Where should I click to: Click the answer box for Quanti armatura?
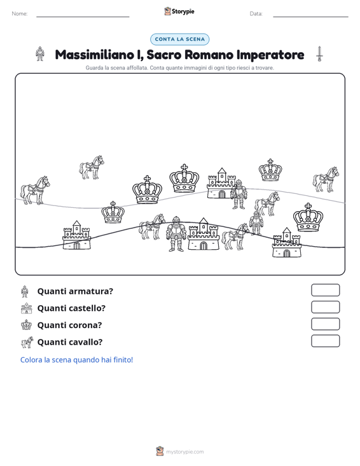(325, 290)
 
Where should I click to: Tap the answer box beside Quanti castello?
(325, 307)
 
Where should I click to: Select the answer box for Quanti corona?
(325, 324)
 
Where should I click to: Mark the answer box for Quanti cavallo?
(325, 341)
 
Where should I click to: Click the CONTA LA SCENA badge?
(179, 39)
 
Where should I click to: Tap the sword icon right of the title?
(319, 54)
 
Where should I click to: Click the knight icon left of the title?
(40, 54)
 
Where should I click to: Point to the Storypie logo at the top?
(179, 11)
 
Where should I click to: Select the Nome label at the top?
(20, 14)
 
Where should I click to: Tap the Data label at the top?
(256, 14)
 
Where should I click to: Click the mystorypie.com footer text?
(184, 452)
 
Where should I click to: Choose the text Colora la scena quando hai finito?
(76, 360)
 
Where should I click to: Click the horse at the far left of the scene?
(35, 190)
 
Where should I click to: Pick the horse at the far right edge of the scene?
(326, 179)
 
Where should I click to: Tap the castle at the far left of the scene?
(77, 235)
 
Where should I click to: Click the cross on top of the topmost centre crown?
(184, 167)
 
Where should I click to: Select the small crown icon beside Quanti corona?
(27, 324)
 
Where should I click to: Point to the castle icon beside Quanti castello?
(27, 308)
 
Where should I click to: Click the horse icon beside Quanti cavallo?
(27, 342)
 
